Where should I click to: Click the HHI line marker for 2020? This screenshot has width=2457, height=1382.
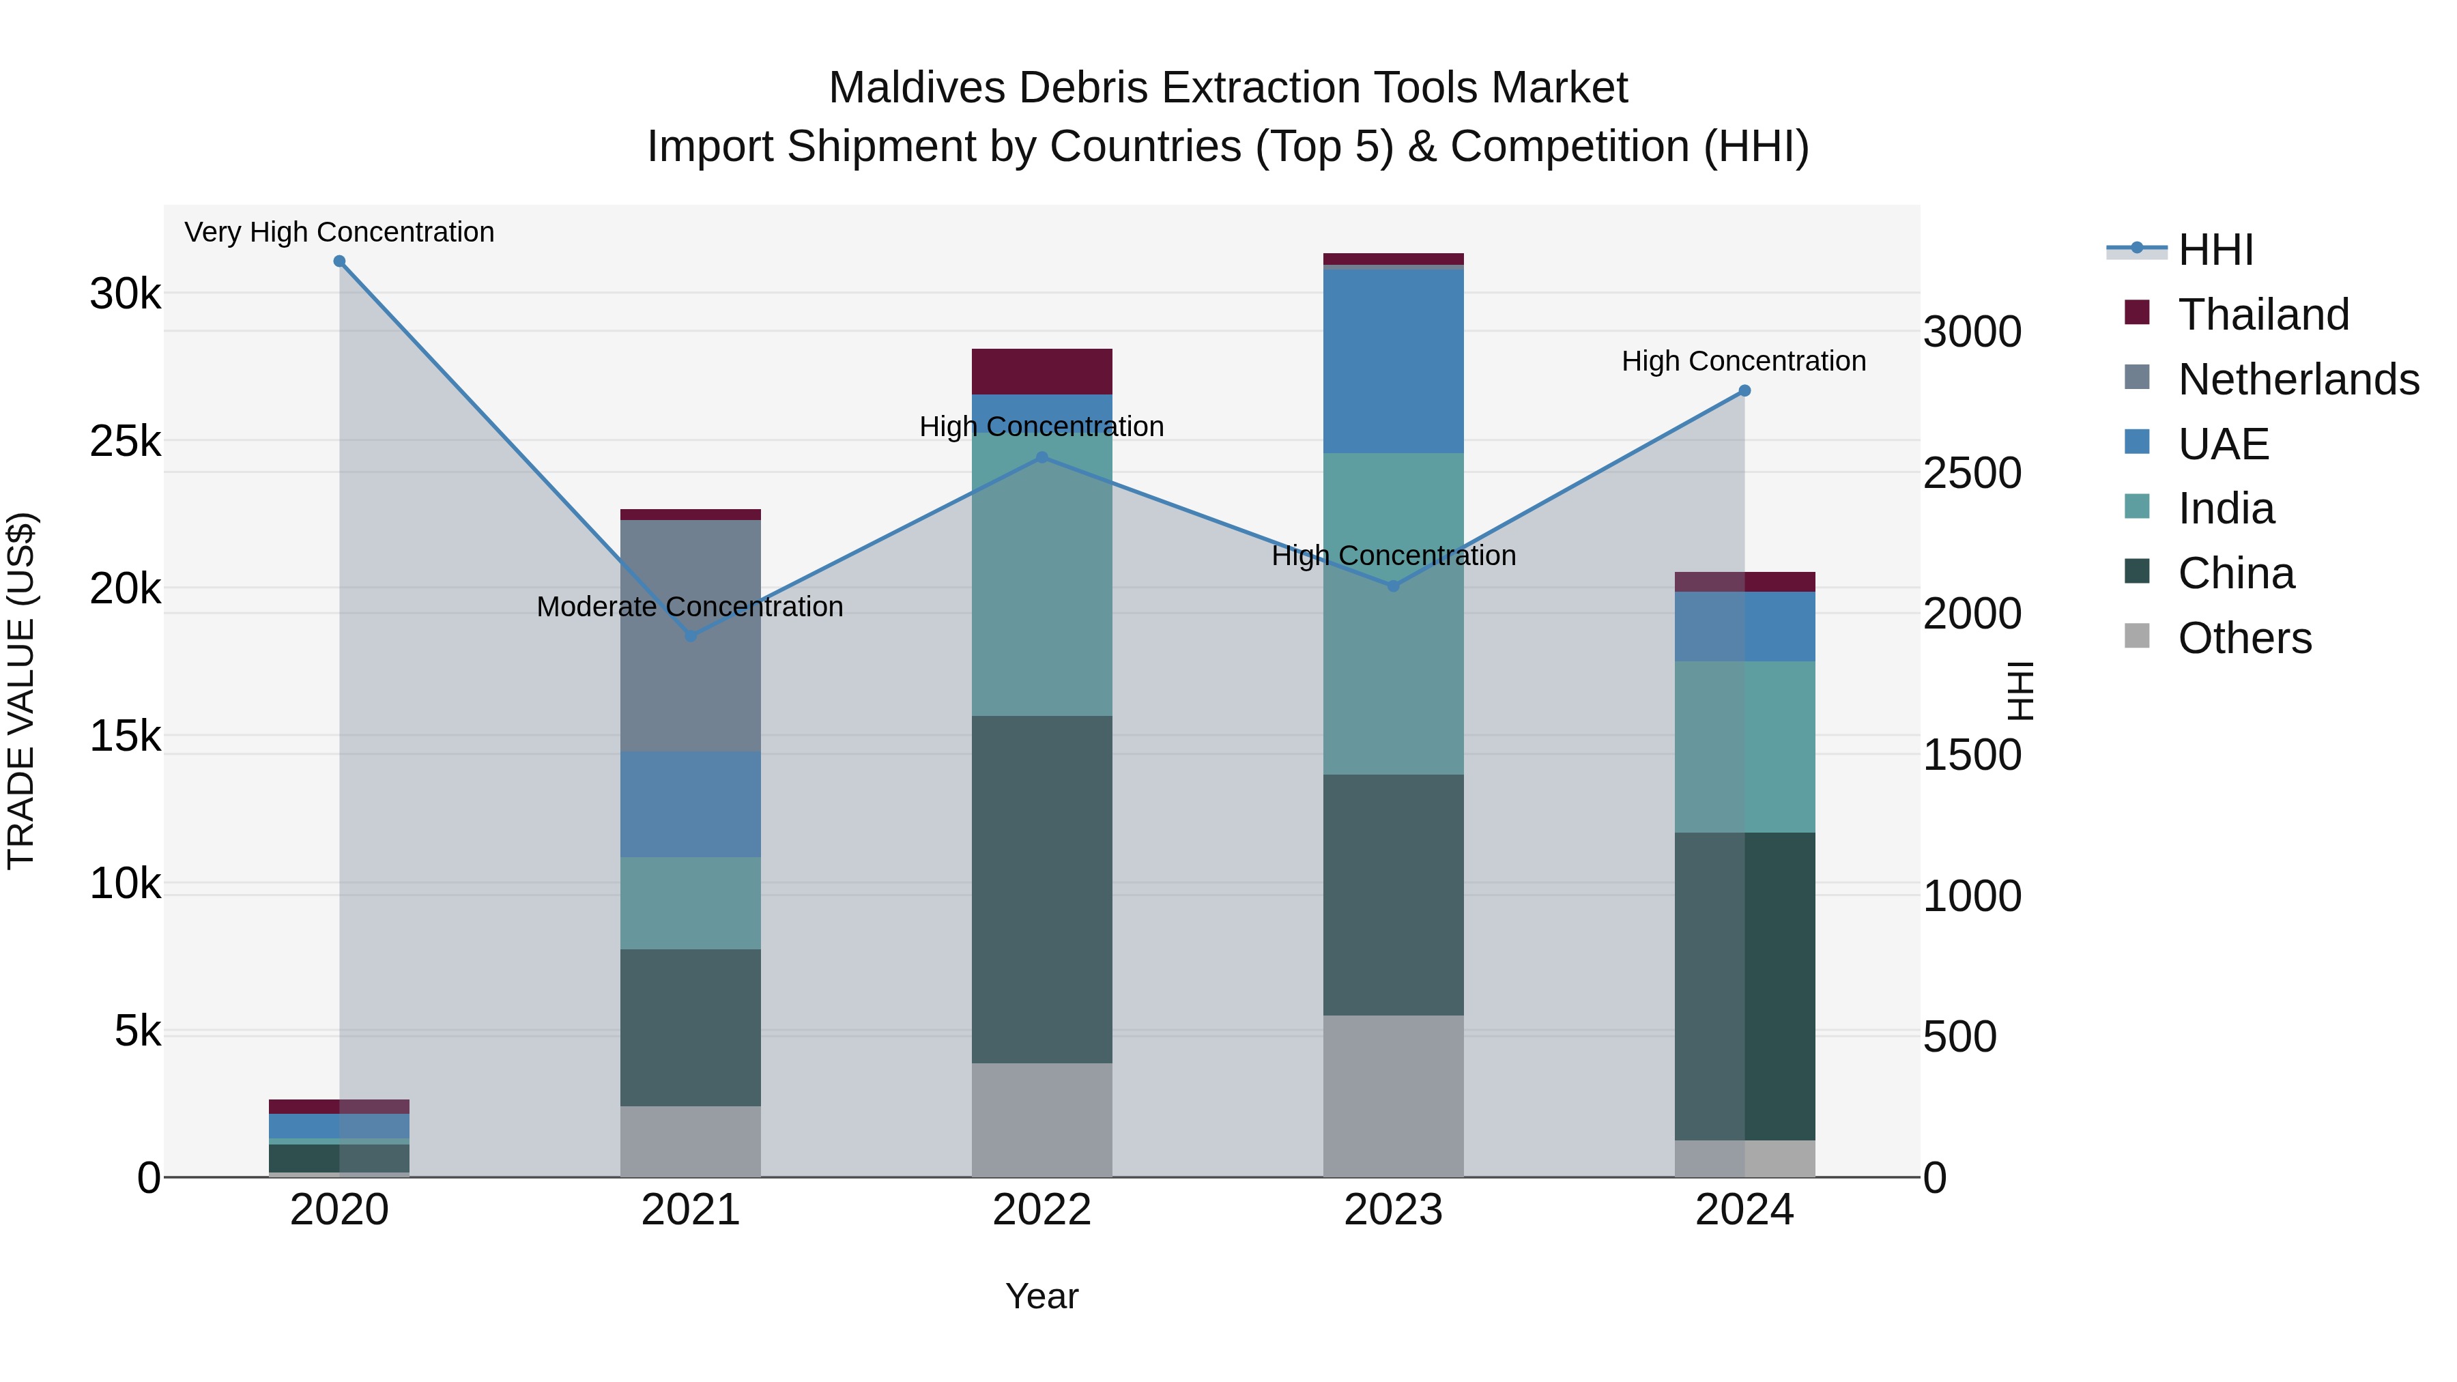coord(340,261)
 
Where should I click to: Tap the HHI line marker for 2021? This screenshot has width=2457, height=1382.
coord(691,636)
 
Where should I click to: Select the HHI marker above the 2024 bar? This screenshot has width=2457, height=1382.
coord(1744,391)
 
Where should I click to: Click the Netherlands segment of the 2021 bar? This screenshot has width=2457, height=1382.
coord(691,635)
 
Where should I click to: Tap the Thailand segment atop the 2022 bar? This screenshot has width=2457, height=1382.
coord(1041,371)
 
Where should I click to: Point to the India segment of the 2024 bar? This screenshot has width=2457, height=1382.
coord(1744,747)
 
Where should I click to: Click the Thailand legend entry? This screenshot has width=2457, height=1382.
coord(2262,315)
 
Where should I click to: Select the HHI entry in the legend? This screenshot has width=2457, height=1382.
coord(2215,250)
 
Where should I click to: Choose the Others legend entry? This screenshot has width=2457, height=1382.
coord(2243,638)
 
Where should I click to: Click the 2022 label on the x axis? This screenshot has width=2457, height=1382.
coord(1041,1210)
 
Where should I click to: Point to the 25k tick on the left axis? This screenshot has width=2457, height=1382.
coord(125,442)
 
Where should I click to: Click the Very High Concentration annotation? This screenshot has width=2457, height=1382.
coord(340,232)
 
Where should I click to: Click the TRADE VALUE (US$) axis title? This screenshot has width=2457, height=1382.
coord(21,691)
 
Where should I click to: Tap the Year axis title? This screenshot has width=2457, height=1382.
coord(1041,1296)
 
